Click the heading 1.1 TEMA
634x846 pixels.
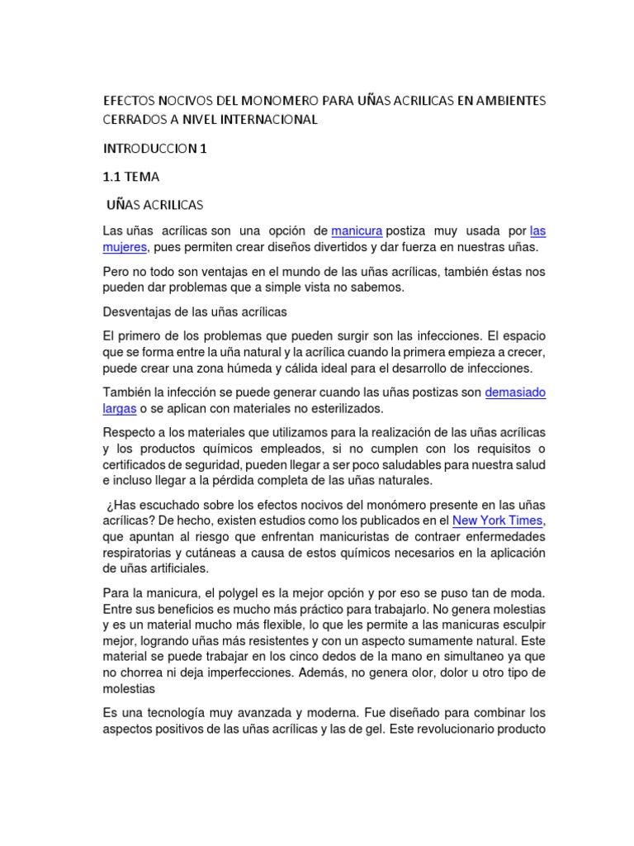pyautogui.click(x=131, y=176)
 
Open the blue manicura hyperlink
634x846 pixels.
pyautogui.click(x=357, y=231)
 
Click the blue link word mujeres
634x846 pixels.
pyautogui.click(x=124, y=246)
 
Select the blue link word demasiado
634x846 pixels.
pyautogui.click(x=515, y=392)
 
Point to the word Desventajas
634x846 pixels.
pyautogui.click(x=137, y=311)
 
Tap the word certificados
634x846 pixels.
pyautogui.click(x=137, y=464)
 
